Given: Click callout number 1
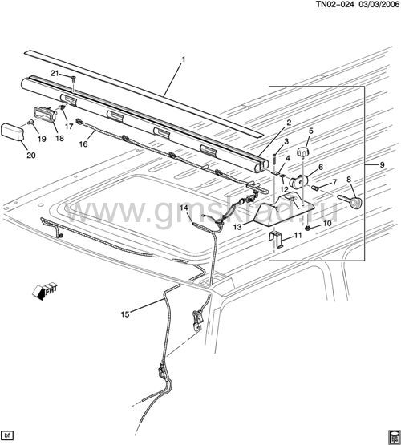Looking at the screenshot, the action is [184, 59].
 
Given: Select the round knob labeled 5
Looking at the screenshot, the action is [303, 152].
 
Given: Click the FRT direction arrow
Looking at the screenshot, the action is [45, 290].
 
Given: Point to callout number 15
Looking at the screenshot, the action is [125, 314].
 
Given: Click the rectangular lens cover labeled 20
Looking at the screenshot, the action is [13, 132].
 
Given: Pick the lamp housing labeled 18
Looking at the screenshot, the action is [45, 115].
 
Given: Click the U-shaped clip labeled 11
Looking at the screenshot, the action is [276, 239].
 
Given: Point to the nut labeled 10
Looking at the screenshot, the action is [307, 228].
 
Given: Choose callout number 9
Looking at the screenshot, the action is [382, 165].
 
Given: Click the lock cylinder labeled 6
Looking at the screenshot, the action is [298, 182].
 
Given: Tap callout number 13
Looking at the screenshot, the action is [237, 227].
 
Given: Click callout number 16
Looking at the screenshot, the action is [83, 144].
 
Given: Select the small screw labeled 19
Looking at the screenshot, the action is [30, 123].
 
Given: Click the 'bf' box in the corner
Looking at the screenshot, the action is [7, 435].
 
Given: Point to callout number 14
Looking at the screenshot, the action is [184, 208].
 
